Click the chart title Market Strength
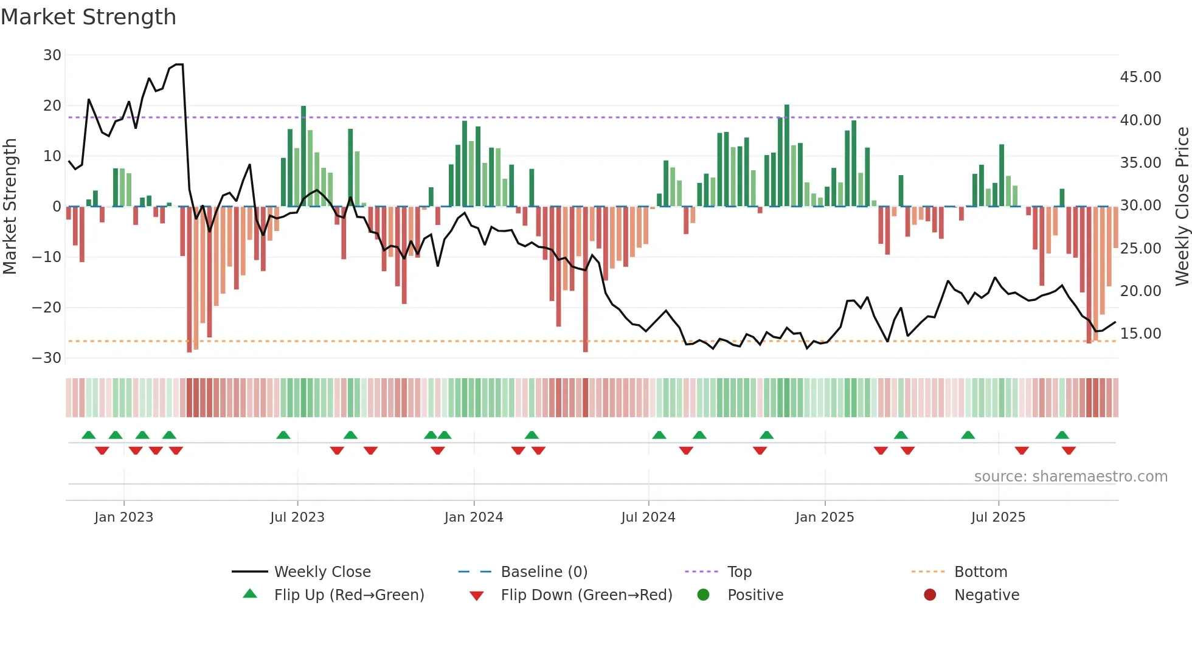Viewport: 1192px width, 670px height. pos(88,17)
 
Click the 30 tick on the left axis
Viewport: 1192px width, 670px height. pos(52,55)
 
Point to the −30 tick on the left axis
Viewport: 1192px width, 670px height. pos(47,358)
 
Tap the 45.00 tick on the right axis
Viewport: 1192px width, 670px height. pos(1140,77)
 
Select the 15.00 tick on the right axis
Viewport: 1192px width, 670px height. pos(1140,334)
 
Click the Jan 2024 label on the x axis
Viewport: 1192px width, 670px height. pos(473,517)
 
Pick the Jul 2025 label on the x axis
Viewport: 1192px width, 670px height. pos(998,517)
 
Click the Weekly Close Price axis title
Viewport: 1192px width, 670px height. pos(1182,207)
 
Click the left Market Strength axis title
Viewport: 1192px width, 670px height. pos(10,207)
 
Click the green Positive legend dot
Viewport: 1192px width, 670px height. pos(704,595)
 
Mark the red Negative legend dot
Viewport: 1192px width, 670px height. pos(930,595)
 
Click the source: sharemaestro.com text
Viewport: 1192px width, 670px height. pos(1070,477)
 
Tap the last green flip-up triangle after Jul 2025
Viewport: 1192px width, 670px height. pos(1062,435)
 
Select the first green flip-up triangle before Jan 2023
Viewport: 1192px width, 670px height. pos(89,435)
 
